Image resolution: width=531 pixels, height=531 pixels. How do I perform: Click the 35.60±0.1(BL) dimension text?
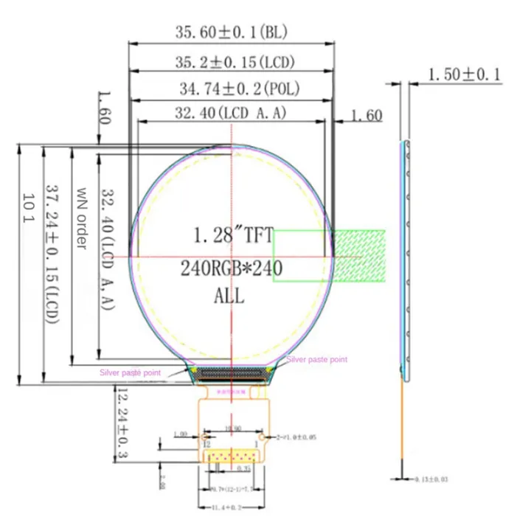click(230, 32)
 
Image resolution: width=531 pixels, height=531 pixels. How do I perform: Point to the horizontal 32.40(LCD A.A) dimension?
click(231, 113)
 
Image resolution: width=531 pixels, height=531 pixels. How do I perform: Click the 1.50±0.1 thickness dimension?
click(465, 74)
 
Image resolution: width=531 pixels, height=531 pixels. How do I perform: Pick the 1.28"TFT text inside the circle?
click(233, 236)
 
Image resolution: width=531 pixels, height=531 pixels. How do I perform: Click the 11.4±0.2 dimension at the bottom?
click(230, 508)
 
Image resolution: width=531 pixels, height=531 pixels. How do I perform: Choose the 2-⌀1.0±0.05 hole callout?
click(299, 437)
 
